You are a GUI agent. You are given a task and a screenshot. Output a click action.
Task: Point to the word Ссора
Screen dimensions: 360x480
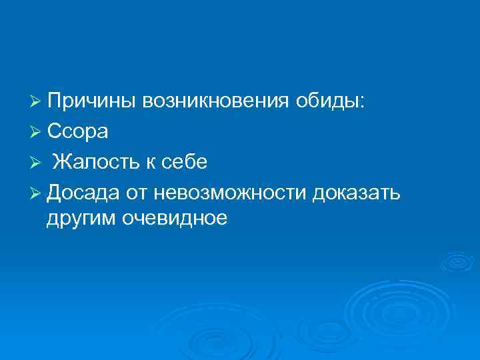pos(79,132)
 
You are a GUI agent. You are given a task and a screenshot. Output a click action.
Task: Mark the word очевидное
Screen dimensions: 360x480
pos(175,219)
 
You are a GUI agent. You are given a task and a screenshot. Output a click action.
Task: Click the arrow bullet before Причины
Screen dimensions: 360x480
pos(38,103)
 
